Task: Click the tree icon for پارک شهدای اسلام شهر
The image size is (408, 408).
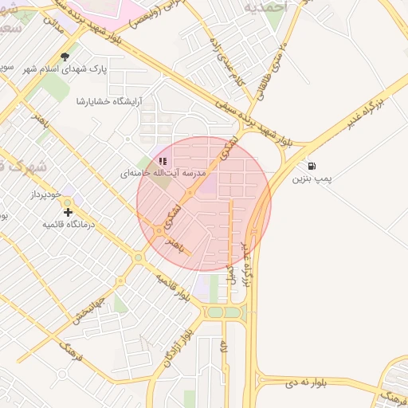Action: tap(65, 57)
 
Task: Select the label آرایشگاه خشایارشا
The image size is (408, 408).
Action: tap(107, 101)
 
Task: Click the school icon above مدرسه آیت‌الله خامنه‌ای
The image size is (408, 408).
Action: tap(163, 161)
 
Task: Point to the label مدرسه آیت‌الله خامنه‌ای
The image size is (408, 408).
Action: tap(163, 173)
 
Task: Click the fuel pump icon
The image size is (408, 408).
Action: tap(310, 167)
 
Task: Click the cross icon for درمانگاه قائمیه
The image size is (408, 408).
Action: tap(68, 213)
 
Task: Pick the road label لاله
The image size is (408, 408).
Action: tap(225, 347)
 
